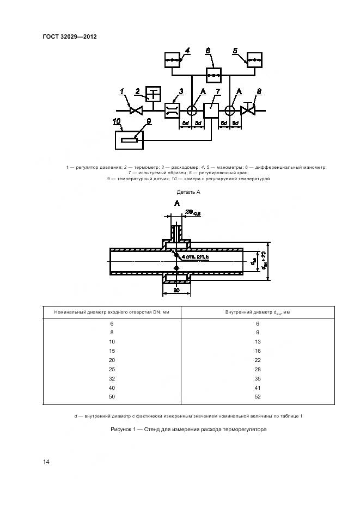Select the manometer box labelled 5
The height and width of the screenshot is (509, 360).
click(254, 59)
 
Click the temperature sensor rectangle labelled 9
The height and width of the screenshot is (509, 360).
click(130, 140)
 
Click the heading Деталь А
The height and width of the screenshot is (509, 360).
click(189, 192)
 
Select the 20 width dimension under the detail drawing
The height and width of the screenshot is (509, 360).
click(176, 291)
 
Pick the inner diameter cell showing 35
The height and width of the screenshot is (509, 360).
click(257, 378)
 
